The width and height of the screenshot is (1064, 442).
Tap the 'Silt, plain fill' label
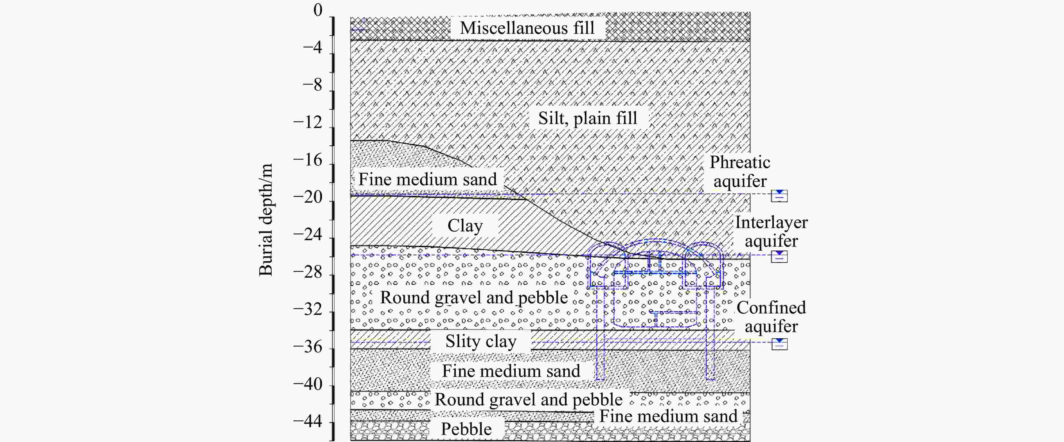(x=587, y=118)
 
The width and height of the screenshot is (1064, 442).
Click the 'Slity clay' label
(x=480, y=342)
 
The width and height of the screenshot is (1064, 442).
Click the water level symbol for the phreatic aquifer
(x=779, y=196)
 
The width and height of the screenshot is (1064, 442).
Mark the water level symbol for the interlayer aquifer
(x=779, y=256)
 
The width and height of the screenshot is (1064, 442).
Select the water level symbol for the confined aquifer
(x=779, y=344)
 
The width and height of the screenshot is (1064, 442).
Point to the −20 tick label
(x=308, y=197)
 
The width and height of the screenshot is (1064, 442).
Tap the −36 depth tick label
(x=308, y=346)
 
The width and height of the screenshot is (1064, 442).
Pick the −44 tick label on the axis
(x=308, y=422)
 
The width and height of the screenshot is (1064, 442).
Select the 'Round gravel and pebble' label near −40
(x=528, y=400)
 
